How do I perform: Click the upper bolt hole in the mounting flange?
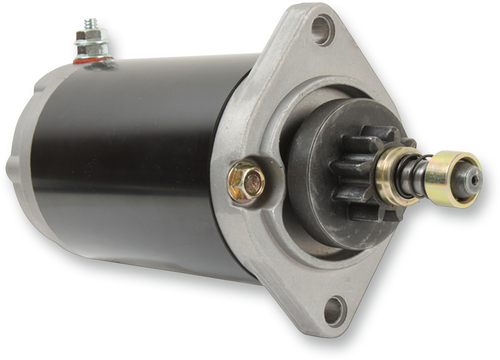click(x=322, y=29)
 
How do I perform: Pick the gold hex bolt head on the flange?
click(x=245, y=181)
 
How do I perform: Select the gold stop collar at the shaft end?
click(x=454, y=178)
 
